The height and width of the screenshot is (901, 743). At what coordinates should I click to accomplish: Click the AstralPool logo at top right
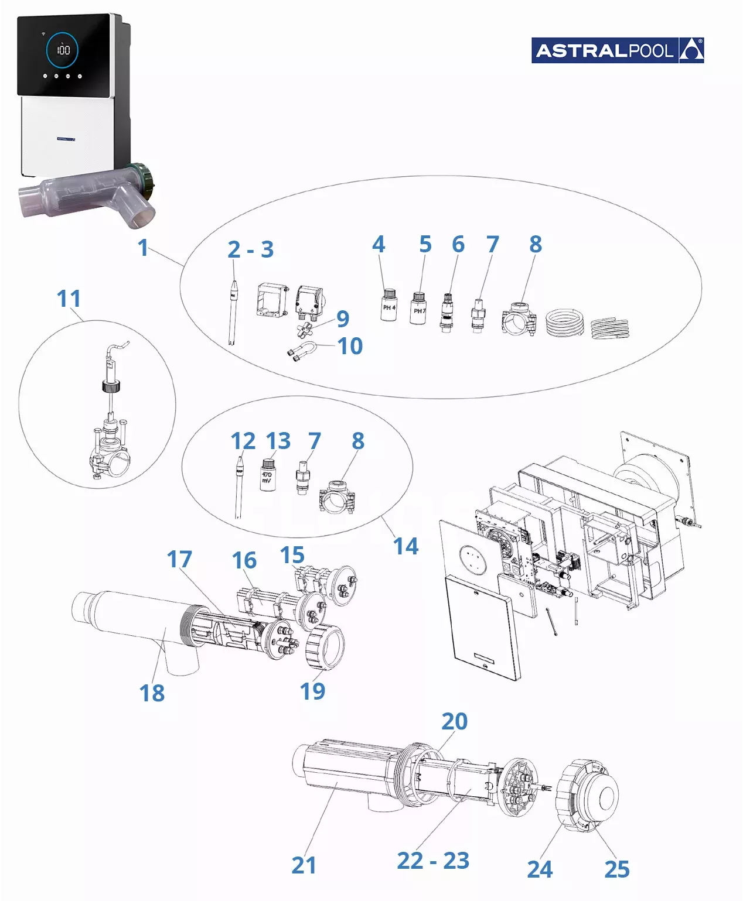617,50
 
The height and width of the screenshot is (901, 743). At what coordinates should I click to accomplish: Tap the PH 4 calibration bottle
388,304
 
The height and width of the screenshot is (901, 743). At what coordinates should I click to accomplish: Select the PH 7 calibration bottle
418,308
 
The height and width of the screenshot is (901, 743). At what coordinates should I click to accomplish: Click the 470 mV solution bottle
267,475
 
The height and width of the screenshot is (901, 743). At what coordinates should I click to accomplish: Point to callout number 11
69,299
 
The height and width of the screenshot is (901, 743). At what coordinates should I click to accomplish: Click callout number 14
405,546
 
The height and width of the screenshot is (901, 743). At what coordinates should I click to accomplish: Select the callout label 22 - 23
433,861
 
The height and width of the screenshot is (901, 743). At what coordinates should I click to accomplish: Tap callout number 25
616,869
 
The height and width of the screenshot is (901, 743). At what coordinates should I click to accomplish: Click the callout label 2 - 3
250,249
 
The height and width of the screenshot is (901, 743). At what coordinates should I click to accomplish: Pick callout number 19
312,691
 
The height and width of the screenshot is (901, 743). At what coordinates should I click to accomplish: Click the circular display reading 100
63,49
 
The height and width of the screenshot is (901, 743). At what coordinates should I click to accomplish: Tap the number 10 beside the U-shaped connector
350,346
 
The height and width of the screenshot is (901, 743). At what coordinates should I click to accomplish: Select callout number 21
304,865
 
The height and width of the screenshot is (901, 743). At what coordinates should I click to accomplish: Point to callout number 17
179,559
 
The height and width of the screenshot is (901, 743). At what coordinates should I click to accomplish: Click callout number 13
278,441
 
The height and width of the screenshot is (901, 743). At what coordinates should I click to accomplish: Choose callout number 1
143,247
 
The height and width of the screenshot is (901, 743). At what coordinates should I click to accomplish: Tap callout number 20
454,721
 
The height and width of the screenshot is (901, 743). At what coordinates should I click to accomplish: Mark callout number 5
425,244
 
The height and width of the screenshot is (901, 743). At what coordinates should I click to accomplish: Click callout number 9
343,318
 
